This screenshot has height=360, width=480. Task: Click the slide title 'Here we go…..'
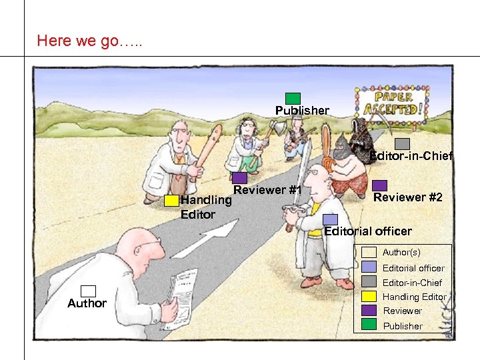click(x=89, y=41)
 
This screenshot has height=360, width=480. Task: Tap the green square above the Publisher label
click(x=293, y=99)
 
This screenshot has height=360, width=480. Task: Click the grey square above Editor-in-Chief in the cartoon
click(x=402, y=143)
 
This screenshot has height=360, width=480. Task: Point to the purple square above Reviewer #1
click(x=240, y=178)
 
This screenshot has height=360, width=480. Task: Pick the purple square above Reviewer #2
click(x=379, y=185)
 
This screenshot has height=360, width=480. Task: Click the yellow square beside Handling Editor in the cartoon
click(x=172, y=200)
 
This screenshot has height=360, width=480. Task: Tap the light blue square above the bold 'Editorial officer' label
click(x=330, y=219)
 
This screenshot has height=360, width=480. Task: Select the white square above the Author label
click(x=89, y=291)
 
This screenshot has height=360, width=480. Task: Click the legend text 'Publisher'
click(x=402, y=326)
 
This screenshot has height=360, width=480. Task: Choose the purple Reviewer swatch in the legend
click(x=369, y=310)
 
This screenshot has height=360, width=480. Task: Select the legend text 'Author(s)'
click(x=401, y=253)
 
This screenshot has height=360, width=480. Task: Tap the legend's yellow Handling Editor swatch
click(x=369, y=296)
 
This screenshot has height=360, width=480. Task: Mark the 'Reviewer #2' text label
click(x=408, y=197)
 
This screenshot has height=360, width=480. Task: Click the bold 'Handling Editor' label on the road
click(x=206, y=207)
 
